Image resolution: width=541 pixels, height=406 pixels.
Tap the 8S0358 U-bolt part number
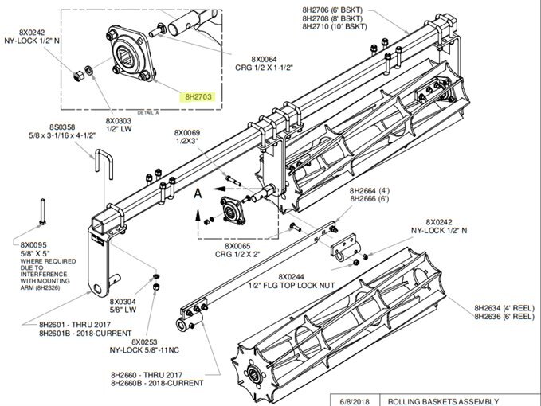62,127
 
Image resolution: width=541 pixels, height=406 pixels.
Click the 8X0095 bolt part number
33,244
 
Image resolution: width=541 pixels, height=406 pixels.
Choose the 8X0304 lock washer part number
121,302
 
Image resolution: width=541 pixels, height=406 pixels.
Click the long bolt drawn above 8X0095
40,214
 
